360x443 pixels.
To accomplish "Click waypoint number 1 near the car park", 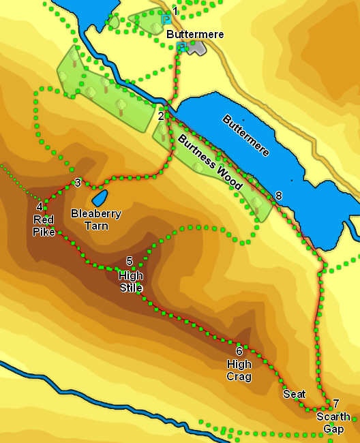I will coord(175,11).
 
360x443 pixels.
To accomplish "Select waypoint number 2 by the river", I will coord(161,116).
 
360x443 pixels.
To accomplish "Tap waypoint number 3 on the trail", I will coord(78,183).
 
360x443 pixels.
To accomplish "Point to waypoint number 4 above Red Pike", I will coord(40,207).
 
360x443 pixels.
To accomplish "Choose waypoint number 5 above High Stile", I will coord(130,261).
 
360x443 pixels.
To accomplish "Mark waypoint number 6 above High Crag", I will coord(239,351).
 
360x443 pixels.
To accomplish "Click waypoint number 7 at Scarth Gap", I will coord(335,403).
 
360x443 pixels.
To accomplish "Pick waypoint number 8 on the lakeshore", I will coord(278,196).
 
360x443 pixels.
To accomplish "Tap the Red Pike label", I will coord(44,226).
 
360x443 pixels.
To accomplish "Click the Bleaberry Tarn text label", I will coord(96,219).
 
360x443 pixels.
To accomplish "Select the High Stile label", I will coord(130,281).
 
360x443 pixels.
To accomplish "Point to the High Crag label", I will coord(239,370).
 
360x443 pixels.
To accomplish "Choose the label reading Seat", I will coord(295,394).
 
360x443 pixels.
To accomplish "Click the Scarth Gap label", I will coord(334,423).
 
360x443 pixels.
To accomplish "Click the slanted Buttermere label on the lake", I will coord(246,135).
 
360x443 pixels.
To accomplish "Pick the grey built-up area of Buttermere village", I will coord(196,48).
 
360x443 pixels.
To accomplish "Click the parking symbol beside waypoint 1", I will coord(166,20).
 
